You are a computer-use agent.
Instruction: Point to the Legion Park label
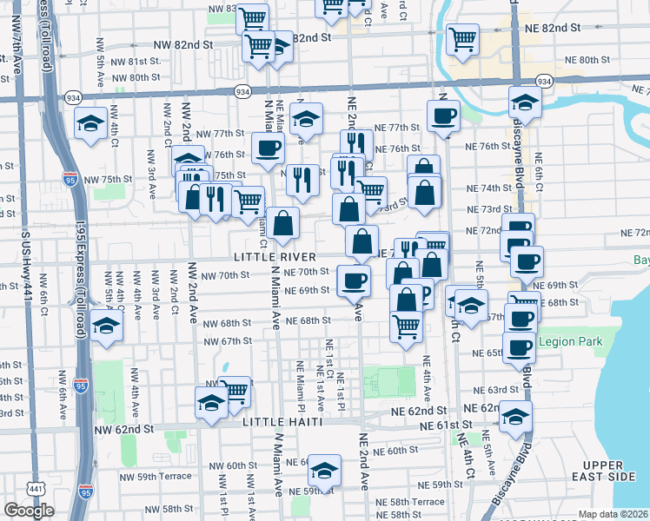(570, 342)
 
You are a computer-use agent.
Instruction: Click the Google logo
(29, 511)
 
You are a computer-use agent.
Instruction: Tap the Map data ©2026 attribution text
(614, 514)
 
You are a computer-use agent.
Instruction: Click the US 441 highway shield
(36, 490)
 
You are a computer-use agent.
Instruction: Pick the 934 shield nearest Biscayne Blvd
(544, 81)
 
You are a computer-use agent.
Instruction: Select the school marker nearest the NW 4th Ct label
(91, 123)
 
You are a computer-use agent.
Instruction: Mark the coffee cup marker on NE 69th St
(354, 280)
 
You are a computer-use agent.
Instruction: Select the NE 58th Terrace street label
(417, 502)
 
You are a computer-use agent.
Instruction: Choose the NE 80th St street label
(581, 59)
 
